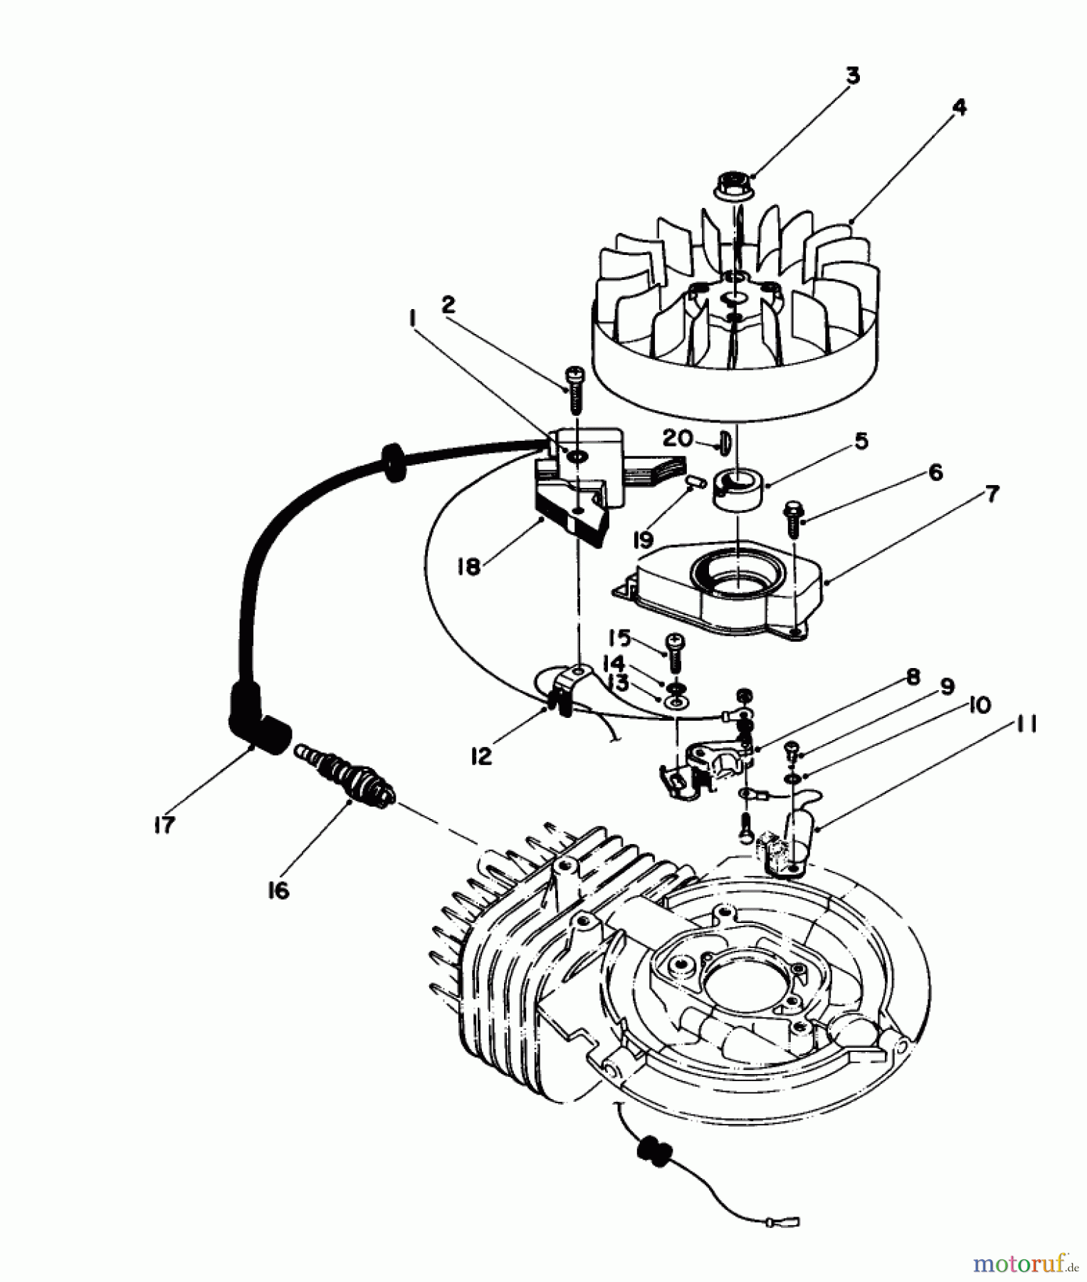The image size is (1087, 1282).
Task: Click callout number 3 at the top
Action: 852,75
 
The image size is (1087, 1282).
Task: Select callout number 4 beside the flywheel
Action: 959,108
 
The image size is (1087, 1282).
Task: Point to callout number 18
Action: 470,568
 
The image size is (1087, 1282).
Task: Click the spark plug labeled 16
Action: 352,779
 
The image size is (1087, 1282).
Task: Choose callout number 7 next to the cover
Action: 991,493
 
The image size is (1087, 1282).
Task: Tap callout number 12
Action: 482,756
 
